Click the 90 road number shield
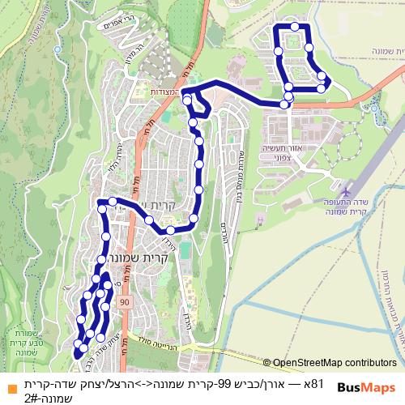coord(125,302)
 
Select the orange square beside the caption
coord(10,387)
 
